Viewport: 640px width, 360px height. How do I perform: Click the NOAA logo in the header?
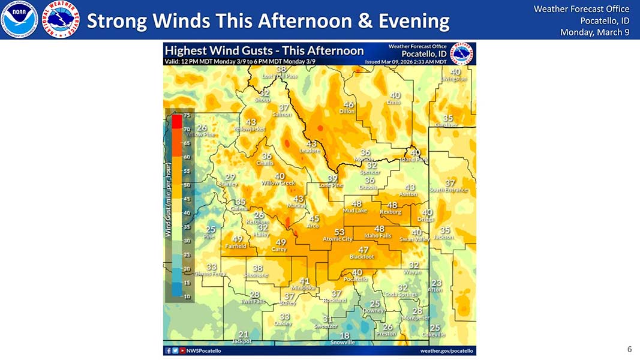(19, 19)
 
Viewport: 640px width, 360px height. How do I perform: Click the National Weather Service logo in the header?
(61, 19)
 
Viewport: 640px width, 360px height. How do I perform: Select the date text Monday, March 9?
(594, 32)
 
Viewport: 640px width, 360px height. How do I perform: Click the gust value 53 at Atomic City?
(339, 232)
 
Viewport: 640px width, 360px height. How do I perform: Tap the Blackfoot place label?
(362, 257)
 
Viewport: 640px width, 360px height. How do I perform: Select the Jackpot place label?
(242, 341)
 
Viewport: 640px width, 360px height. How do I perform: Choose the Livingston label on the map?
(453, 79)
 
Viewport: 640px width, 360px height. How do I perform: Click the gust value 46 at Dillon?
(348, 104)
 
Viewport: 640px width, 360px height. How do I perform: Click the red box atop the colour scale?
(176, 122)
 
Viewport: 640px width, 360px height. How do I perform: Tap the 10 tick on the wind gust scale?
(187, 296)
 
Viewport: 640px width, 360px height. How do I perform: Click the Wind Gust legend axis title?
(169, 198)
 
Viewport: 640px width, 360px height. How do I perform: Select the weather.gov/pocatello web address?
(446, 350)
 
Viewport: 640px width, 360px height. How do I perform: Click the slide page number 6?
(629, 349)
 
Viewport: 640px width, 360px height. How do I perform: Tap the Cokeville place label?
(434, 334)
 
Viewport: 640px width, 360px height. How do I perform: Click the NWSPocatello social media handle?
(203, 350)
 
